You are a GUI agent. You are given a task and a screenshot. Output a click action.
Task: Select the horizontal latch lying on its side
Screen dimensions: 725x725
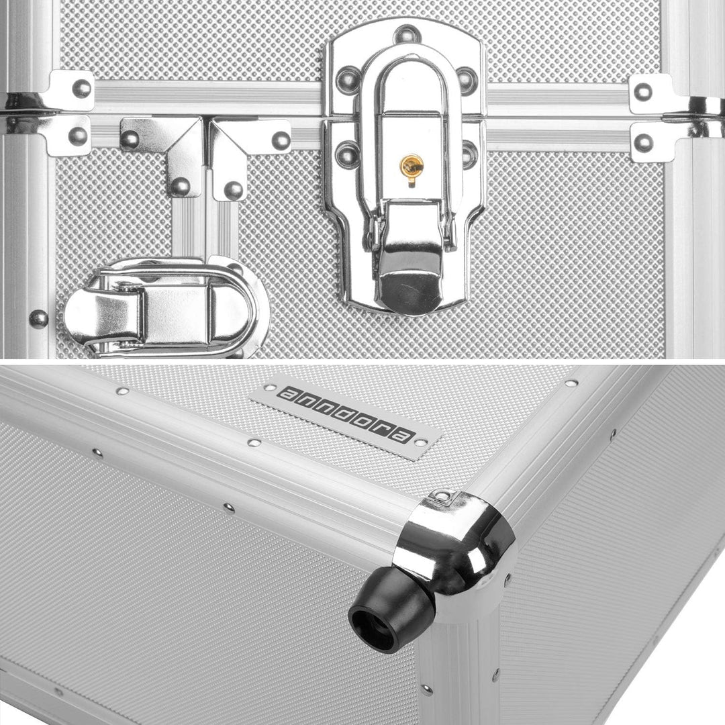(166, 307)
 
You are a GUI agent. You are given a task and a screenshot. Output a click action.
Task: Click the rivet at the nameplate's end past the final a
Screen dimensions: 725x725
(420, 442)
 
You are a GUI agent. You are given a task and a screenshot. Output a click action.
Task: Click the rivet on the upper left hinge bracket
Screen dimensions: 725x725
(81, 89)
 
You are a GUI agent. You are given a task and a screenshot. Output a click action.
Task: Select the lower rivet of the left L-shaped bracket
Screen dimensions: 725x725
(181, 187)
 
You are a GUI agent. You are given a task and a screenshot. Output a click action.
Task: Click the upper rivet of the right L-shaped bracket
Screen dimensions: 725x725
(281, 140)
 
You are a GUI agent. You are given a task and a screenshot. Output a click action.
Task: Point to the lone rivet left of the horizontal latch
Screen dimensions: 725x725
(38, 319)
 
